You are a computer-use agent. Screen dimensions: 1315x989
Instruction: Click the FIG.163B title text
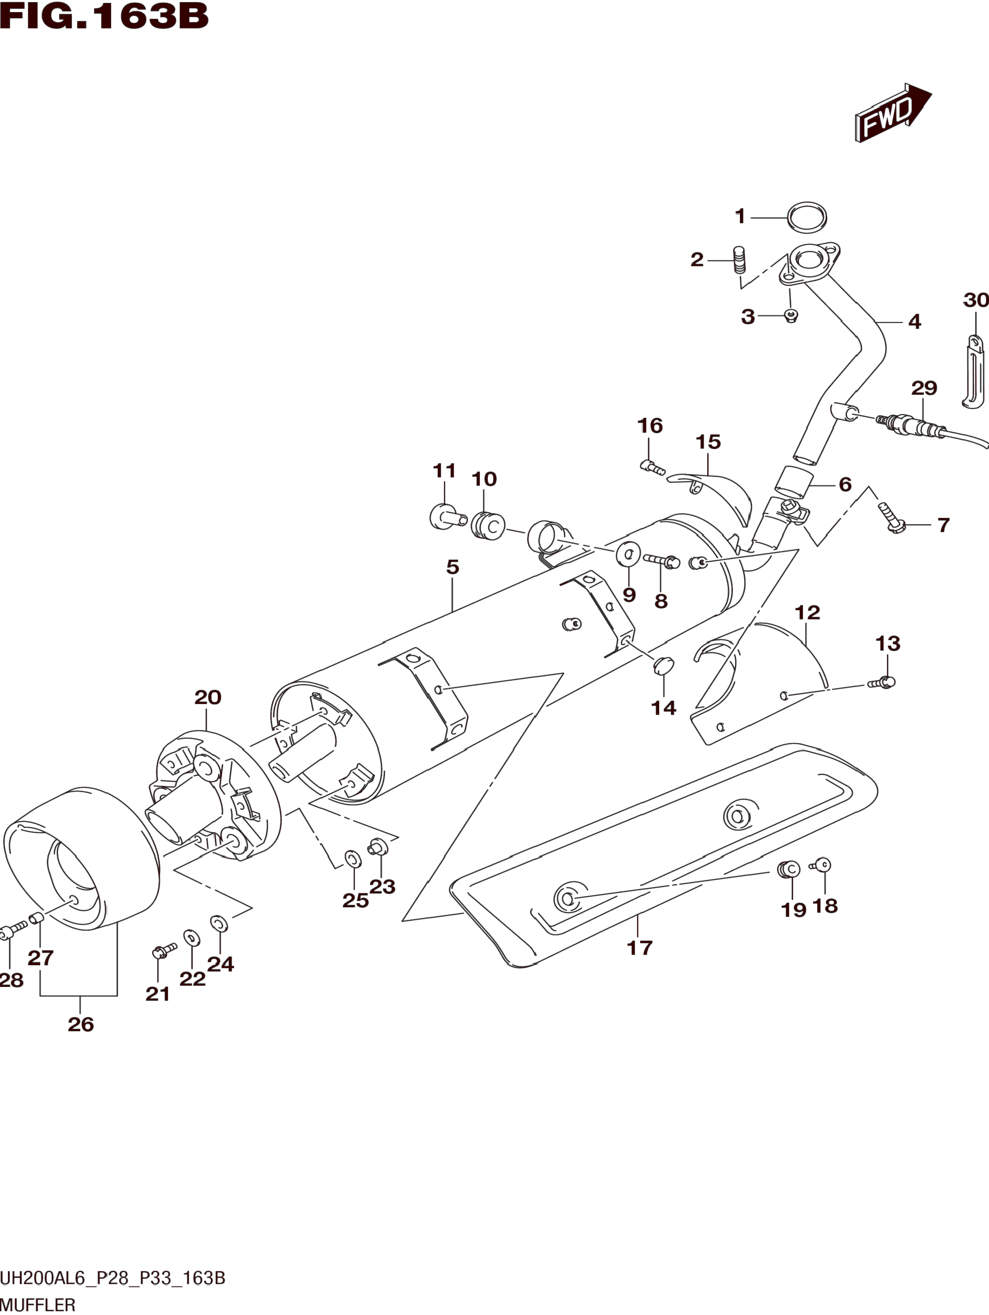click(x=104, y=17)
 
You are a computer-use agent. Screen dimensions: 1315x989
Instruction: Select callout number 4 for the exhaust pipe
click(x=915, y=322)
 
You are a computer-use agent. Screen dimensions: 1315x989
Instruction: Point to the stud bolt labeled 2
click(x=740, y=260)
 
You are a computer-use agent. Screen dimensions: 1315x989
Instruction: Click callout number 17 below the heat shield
click(x=639, y=948)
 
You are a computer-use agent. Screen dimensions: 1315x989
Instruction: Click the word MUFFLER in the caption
click(x=38, y=1305)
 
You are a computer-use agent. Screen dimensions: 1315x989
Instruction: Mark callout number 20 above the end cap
click(x=208, y=697)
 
